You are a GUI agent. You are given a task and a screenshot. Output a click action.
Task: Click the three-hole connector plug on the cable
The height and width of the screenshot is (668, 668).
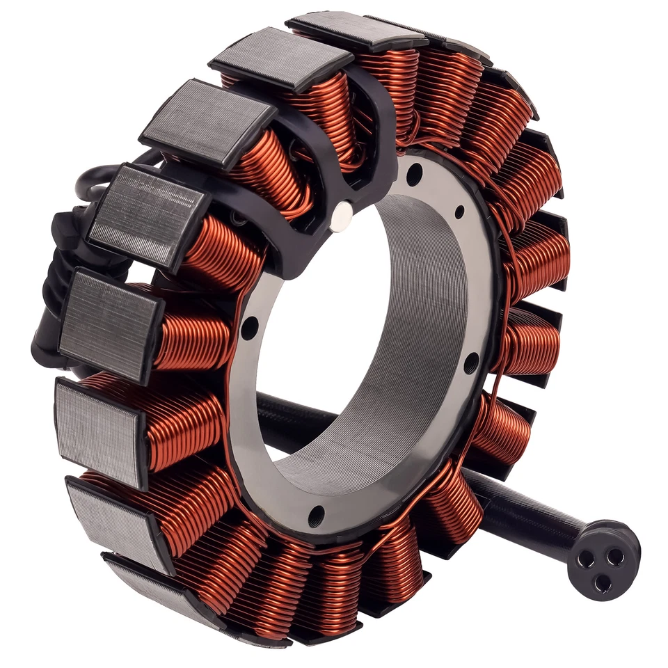coord(603,559)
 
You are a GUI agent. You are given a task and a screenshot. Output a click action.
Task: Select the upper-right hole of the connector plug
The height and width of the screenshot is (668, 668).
coord(615,555)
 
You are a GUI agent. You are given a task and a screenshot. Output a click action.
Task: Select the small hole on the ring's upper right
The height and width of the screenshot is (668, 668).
coord(459,212)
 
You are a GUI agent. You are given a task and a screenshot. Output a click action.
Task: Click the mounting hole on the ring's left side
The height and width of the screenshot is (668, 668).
coord(248,327)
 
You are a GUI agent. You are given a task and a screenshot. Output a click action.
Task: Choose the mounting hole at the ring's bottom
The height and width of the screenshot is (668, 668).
coord(316,516)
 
